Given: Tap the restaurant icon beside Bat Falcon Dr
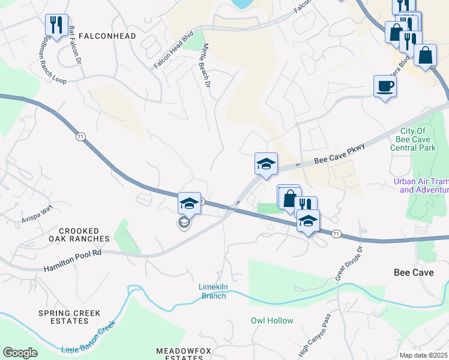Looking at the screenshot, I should pos(56,25).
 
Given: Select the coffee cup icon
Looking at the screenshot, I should pos(385,86).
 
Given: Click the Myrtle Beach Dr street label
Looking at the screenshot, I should pos(207,66).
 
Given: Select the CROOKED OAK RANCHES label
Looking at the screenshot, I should pos(84,235).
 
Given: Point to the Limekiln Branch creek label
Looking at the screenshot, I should pos(212,291).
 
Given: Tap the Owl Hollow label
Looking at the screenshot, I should pos(272,320).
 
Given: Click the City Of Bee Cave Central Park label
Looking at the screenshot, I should pos(412,139).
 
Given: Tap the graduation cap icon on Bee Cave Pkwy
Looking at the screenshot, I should pos(266,164).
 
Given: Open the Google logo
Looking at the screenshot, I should pos(20,353).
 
